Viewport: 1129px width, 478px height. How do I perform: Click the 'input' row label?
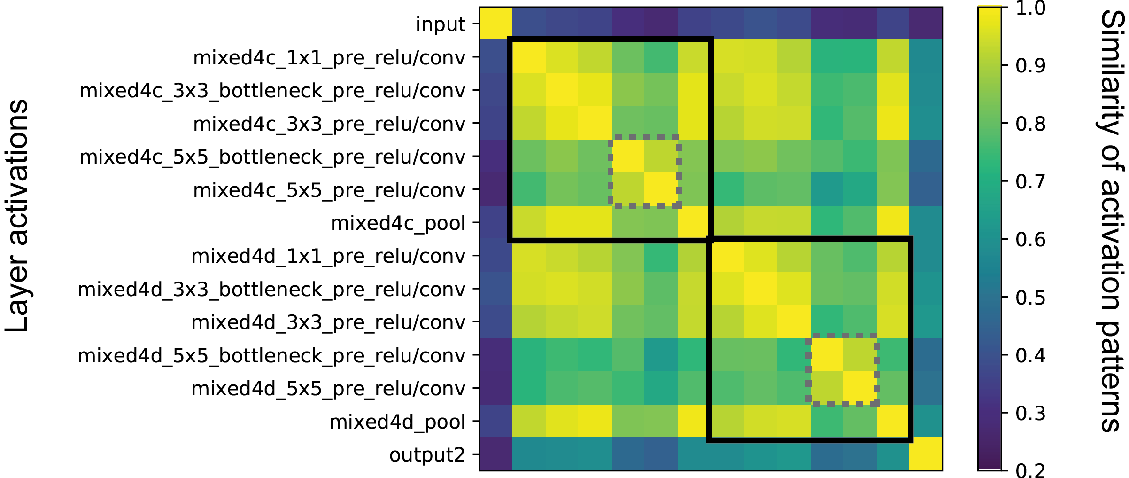click(440, 24)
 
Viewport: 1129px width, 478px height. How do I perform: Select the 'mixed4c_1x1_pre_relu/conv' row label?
click(329, 57)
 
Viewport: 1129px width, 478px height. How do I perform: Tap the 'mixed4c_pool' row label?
click(398, 223)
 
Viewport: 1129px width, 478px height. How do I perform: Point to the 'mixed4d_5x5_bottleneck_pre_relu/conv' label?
click(271, 355)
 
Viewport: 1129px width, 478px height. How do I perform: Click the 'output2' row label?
click(427, 454)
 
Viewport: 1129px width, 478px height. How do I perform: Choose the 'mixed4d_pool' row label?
click(397, 422)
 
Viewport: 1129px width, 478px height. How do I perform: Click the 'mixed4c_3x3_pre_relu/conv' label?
click(329, 124)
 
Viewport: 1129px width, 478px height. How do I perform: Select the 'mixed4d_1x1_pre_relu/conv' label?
click(328, 256)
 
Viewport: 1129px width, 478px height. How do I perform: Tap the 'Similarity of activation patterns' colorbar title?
click(1111, 221)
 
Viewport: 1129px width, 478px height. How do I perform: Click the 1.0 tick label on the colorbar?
click(1030, 8)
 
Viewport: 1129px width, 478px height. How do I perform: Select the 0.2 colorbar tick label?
click(1030, 470)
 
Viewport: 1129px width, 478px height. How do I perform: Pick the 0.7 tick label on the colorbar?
click(1030, 181)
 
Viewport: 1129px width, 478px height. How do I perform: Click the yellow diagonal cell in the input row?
click(496, 24)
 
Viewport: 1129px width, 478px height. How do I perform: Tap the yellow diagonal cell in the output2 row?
click(926, 454)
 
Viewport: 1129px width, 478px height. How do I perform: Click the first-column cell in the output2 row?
click(496, 454)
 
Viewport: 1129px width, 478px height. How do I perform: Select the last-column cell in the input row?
click(926, 24)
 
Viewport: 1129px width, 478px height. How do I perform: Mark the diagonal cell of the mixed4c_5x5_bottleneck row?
click(628, 156)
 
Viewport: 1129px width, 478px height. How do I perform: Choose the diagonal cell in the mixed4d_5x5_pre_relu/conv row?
click(860, 388)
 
